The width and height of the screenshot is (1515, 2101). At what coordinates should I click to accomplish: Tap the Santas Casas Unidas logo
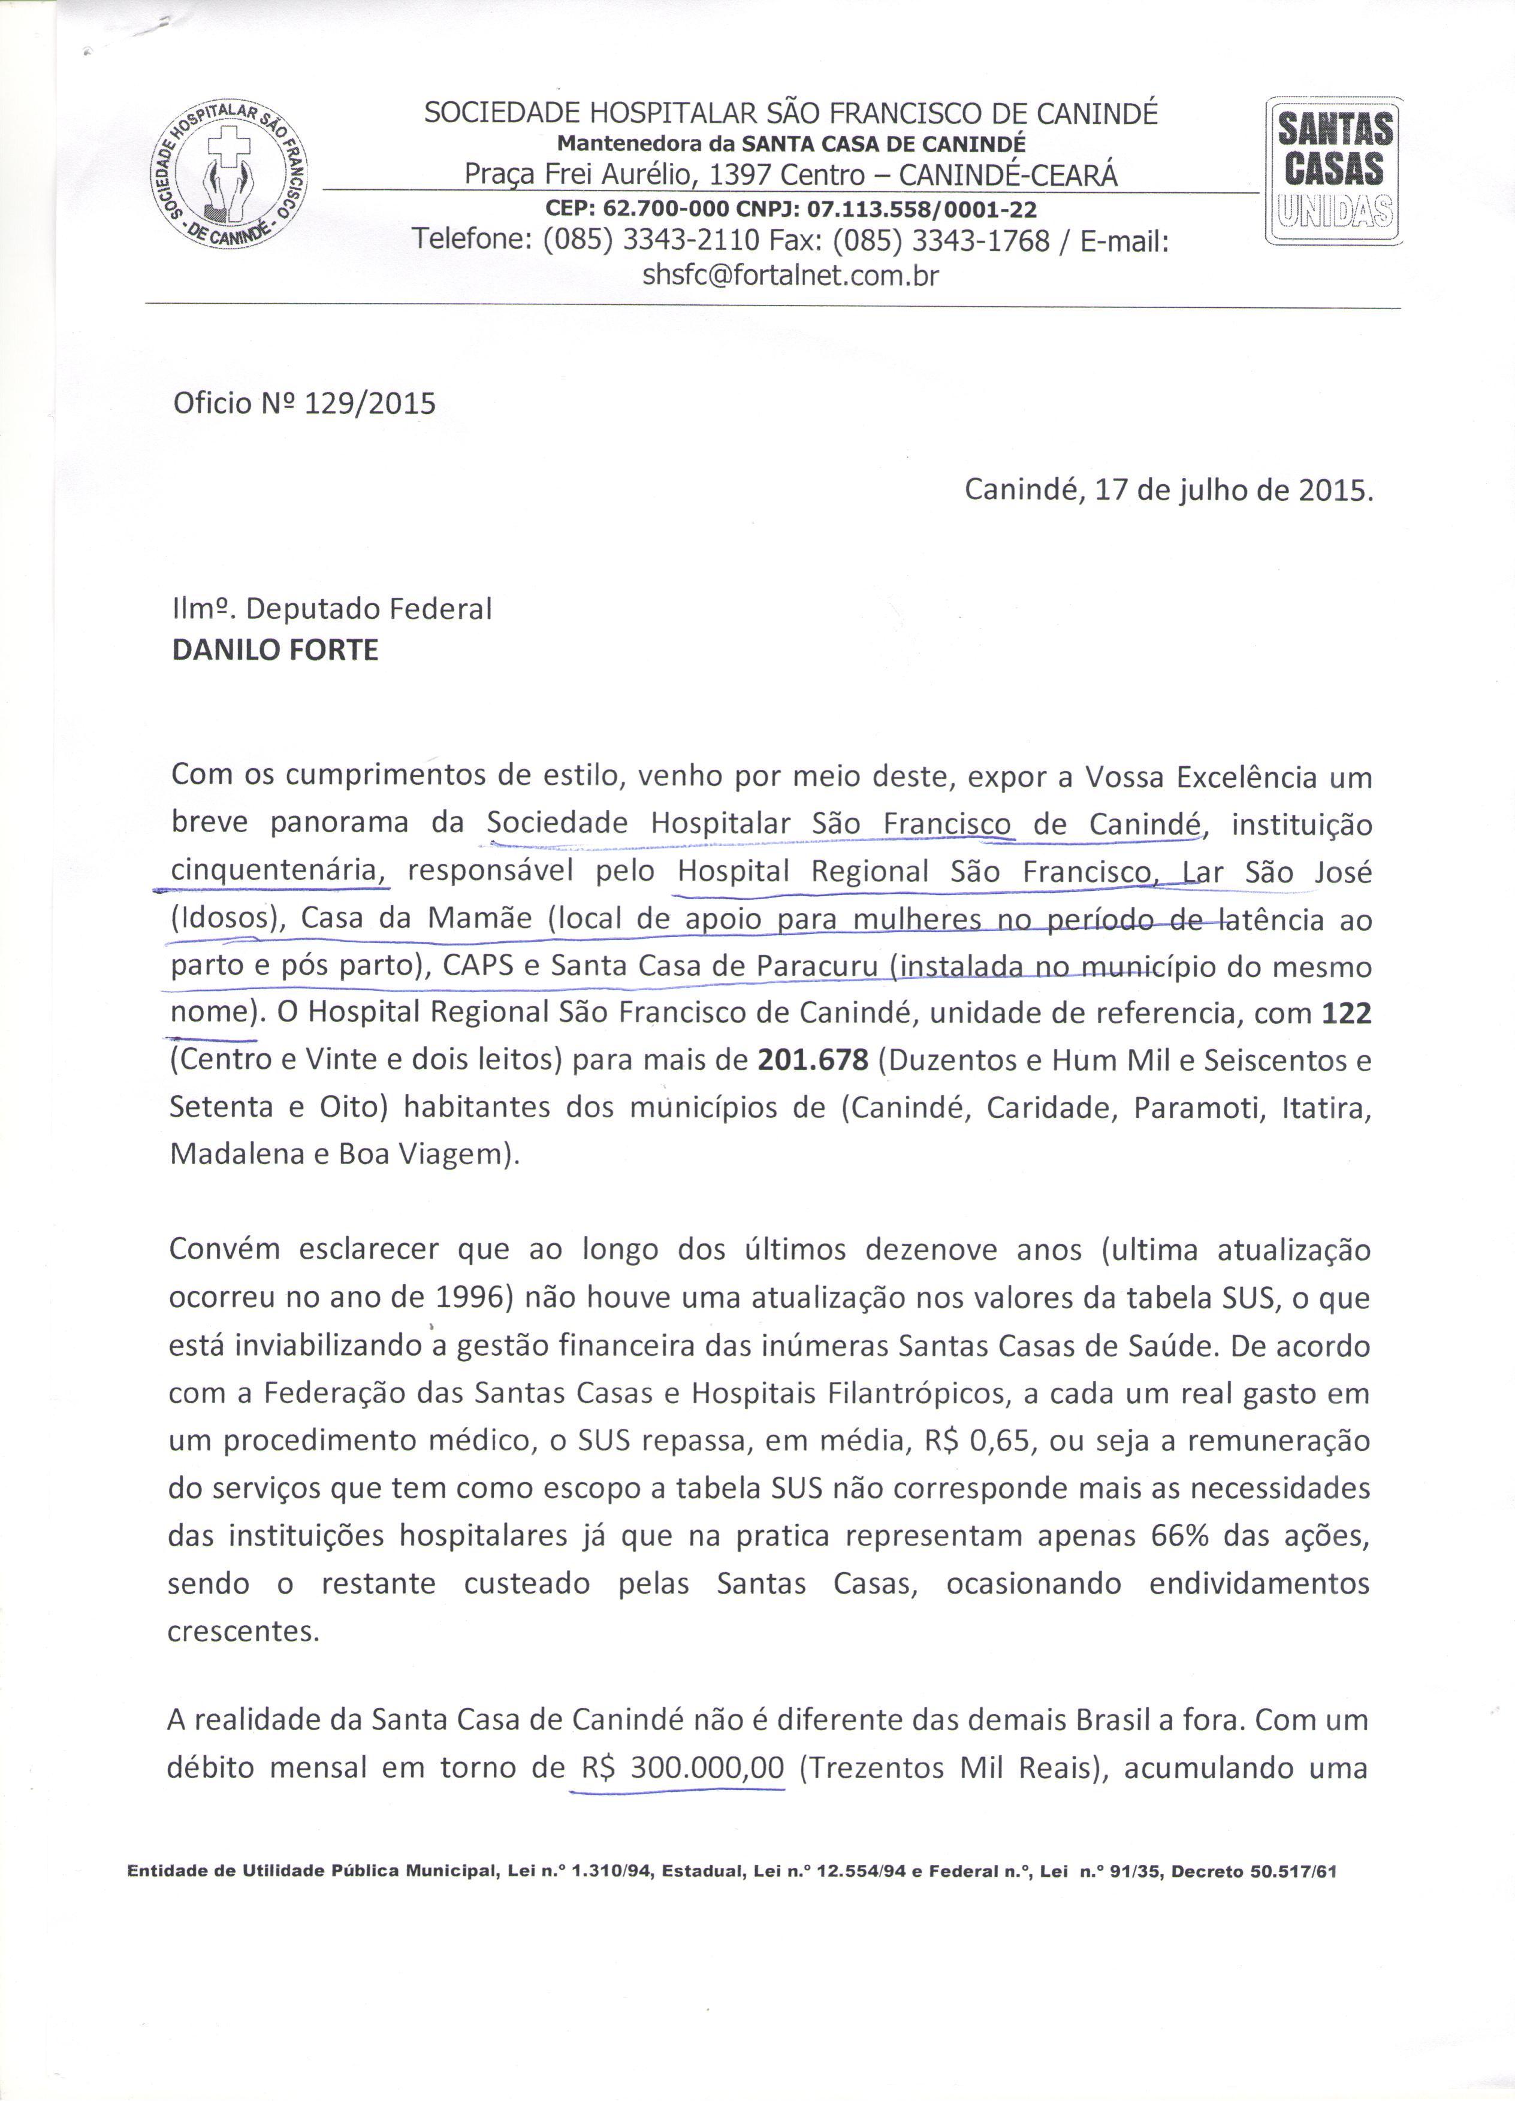coord(1334,171)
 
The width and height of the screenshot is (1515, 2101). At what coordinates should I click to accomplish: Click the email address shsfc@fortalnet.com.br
coord(790,275)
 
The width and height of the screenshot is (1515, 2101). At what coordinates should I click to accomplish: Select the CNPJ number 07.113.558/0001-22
coord(922,209)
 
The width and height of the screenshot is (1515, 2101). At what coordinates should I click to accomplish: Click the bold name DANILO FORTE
coord(275,649)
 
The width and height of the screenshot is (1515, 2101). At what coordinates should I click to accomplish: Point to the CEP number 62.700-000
coord(663,209)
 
